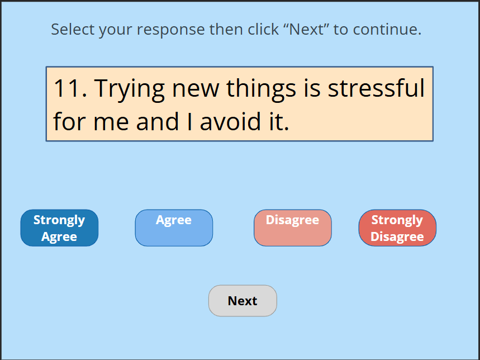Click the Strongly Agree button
(x=59, y=228)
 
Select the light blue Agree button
(x=174, y=228)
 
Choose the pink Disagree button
(x=293, y=228)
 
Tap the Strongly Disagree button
(x=397, y=228)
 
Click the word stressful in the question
(x=376, y=88)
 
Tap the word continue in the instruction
(x=387, y=30)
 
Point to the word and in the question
(x=158, y=121)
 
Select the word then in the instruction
(x=226, y=30)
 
